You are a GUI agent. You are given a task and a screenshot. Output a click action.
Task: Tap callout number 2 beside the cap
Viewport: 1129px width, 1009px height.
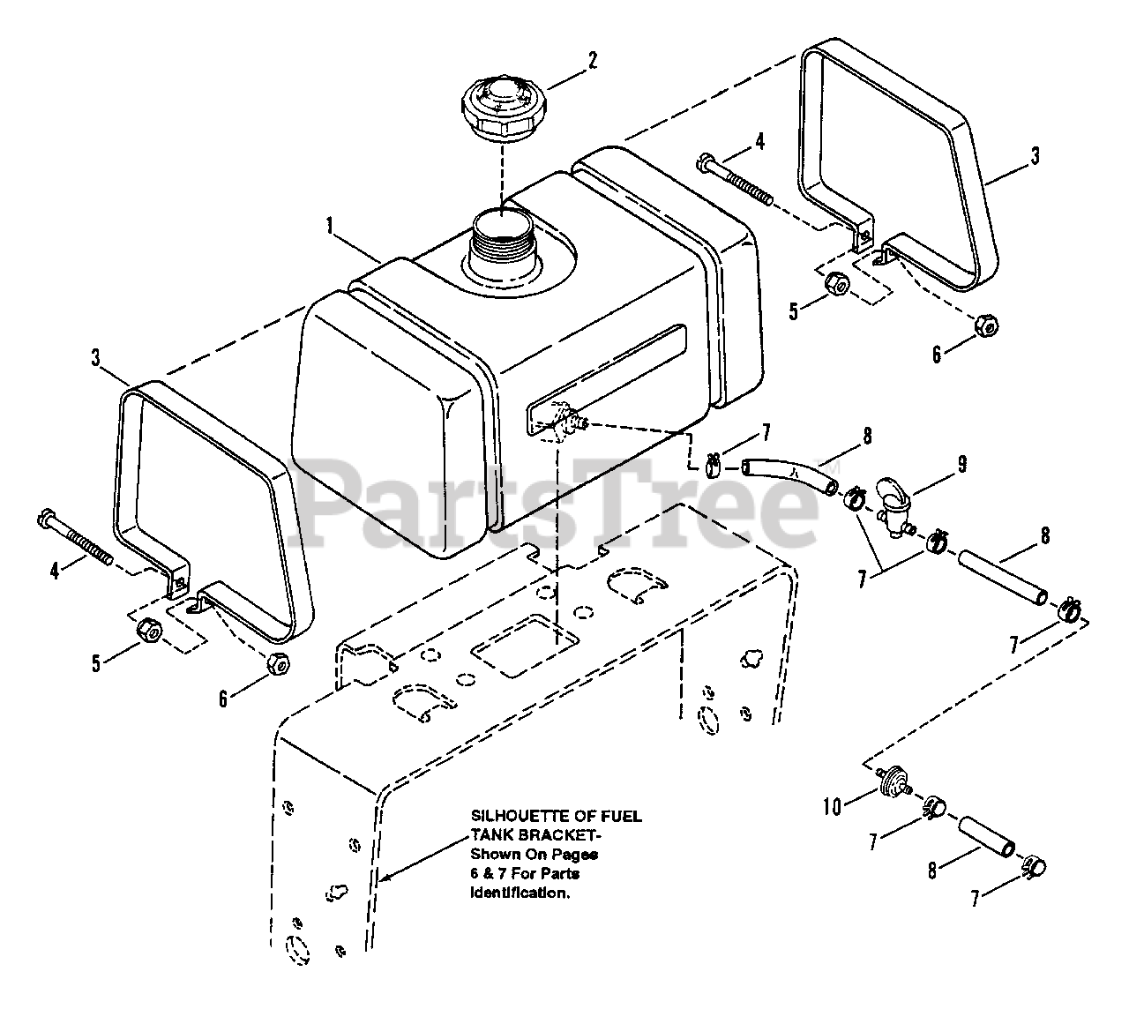click(x=593, y=60)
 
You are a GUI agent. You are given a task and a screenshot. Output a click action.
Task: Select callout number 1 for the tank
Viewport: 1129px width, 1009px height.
click(x=329, y=226)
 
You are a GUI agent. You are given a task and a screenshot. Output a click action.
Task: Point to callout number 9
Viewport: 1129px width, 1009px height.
click(x=962, y=462)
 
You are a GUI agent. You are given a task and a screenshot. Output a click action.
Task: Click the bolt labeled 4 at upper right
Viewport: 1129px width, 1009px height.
click(x=734, y=182)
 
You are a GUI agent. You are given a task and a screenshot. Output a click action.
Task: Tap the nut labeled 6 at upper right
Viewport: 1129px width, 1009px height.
click(x=986, y=325)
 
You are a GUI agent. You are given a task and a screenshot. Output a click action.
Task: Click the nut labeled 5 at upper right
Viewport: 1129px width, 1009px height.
click(x=841, y=284)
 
